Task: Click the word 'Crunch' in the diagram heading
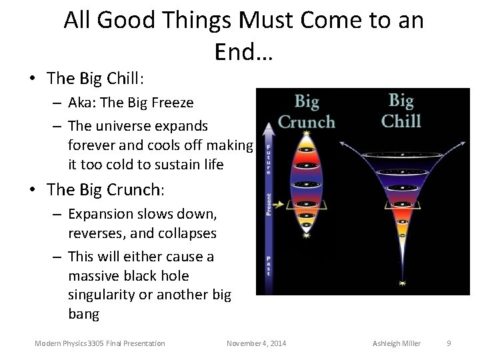307,122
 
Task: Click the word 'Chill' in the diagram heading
401,121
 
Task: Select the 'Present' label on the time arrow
269,204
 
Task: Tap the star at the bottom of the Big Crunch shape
306,235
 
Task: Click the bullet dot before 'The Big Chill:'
31,79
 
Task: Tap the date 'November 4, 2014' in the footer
257,343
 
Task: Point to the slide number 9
449,343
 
